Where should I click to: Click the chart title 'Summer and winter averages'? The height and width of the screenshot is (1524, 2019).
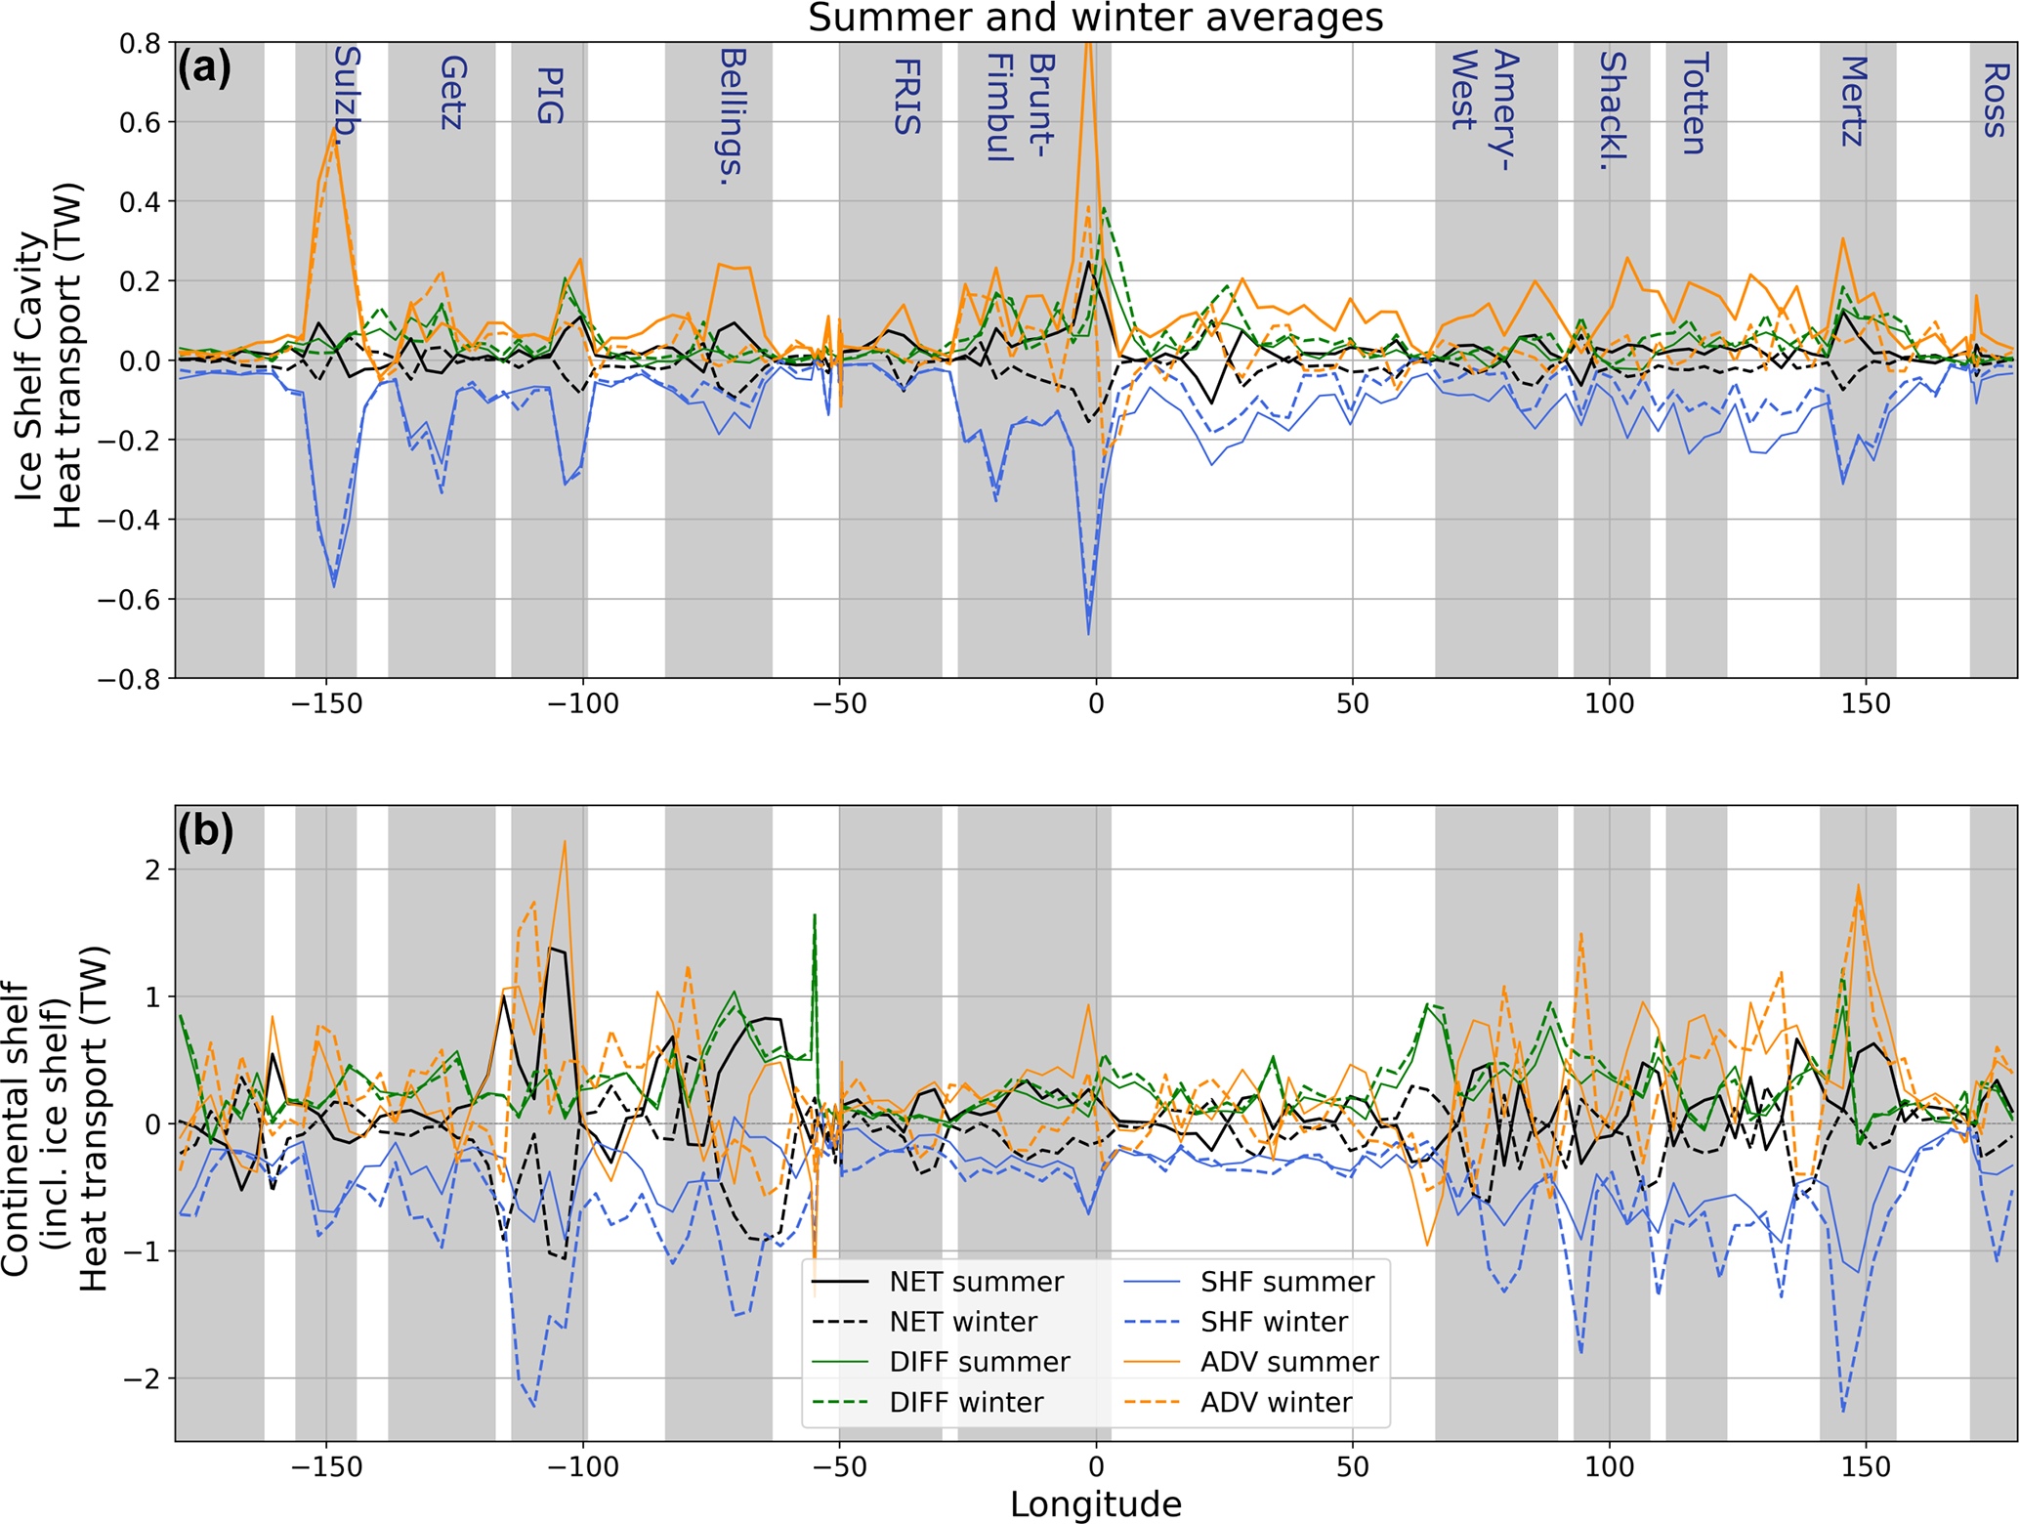(x=1095, y=19)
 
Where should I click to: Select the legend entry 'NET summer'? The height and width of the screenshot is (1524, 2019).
(x=976, y=1282)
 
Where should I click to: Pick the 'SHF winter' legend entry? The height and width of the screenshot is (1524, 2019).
(x=1274, y=1322)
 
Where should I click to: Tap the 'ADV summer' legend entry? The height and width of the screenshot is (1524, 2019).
(x=1288, y=1362)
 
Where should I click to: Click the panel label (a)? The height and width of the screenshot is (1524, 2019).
(x=204, y=69)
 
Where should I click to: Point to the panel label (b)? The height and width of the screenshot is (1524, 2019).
(x=205, y=831)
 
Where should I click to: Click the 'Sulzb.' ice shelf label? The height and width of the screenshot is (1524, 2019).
(x=347, y=97)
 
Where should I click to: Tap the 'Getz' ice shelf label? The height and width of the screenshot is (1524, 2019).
(x=452, y=93)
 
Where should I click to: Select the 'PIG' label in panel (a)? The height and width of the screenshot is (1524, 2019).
(x=550, y=96)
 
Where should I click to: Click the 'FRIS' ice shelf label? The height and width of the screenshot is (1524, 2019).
(x=906, y=97)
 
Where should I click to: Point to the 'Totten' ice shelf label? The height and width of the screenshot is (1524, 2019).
(x=1694, y=105)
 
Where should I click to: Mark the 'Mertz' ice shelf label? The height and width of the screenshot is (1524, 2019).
(x=1853, y=101)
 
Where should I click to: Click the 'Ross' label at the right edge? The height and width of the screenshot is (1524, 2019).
(x=1994, y=100)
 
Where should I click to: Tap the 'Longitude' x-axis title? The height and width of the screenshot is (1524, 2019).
(x=1095, y=1503)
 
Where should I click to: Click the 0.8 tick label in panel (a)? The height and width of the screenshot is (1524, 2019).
(x=140, y=44)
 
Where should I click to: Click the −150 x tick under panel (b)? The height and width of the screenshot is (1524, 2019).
(x=326, y=1466)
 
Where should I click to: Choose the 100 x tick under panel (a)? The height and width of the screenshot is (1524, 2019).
(x=1609, y=703)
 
